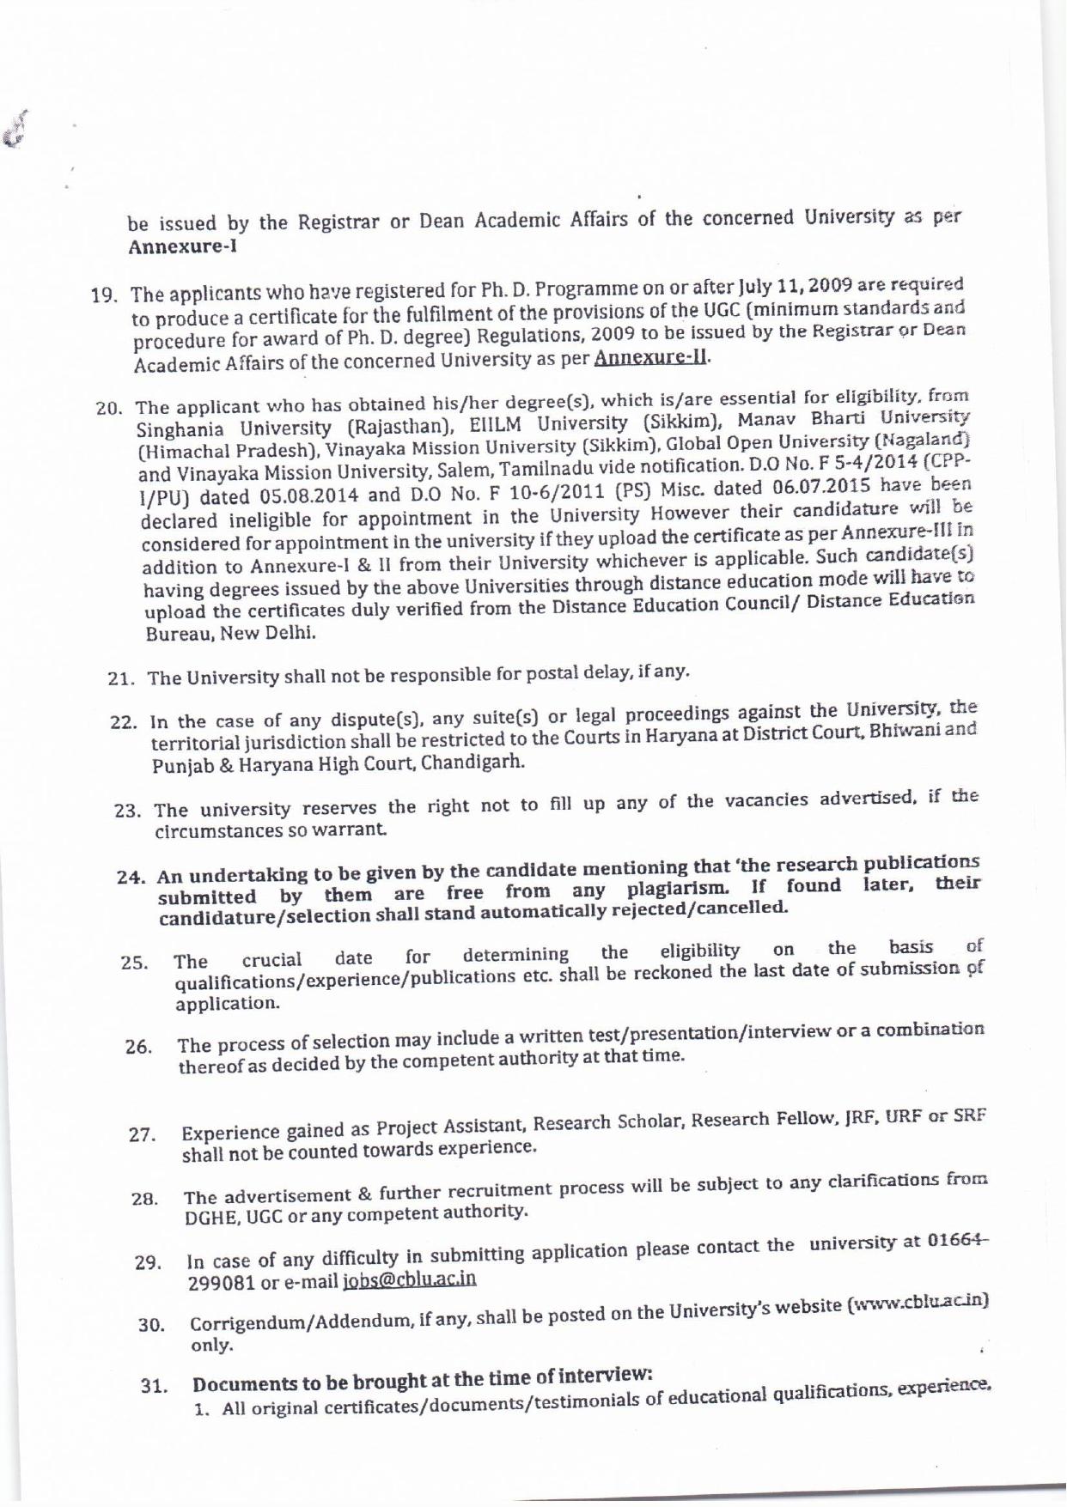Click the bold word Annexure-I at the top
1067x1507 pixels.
pyautogui.click(x=183, y=247)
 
